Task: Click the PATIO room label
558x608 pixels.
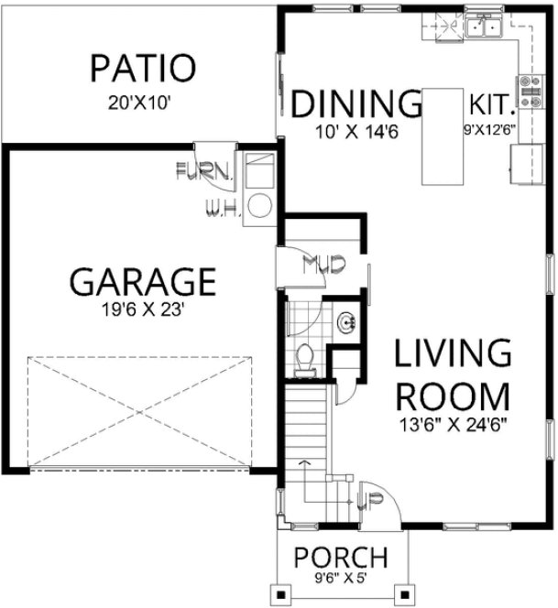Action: pyautogui.click(x=142, y=68)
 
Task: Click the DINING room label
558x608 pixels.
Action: pyautogui.click(x=355, y=103)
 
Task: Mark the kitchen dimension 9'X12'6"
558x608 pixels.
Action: pyautogui.click(x=491, y=129)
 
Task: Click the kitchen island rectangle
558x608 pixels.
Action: pyautogui.click(x=443, y=136)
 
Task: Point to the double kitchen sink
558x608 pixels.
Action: pyautogui.click(x=485, y=27)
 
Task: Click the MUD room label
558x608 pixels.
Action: pyautogui.click(x=323, y=266)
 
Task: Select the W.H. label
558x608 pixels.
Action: pyautogui.click(x=224, y=208)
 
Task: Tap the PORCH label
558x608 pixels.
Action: pyautogui.click(x=340, y=557)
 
